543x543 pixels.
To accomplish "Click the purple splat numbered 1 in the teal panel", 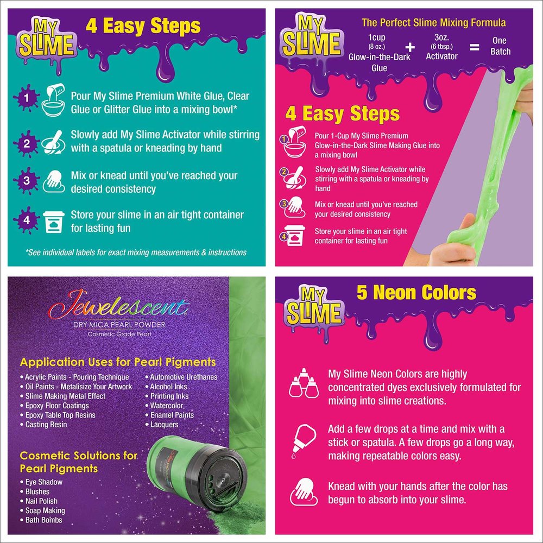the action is coord(26,98).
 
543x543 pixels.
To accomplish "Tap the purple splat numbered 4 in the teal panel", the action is coord(27,220).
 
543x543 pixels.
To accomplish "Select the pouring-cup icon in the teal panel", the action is coord(53,100).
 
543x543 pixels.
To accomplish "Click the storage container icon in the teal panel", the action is coord(54,222).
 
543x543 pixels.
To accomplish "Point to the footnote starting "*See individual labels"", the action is coord(136,252).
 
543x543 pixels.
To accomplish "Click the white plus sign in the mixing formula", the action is coord(410,47).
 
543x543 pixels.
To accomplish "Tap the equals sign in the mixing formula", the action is coord(474,47).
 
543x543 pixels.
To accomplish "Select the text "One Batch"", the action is coord(500,46).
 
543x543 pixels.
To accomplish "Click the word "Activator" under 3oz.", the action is coord(441,56).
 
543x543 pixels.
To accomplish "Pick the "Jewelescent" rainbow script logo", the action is coord(119,305).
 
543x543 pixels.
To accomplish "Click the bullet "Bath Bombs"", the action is coord(43,520).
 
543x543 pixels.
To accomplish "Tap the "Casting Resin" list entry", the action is coord(43,424).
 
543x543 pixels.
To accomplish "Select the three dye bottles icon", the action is coord(304,383).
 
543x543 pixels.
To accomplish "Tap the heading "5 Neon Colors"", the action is coord(416,293).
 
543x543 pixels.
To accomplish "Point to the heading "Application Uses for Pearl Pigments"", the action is coord(118,362).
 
